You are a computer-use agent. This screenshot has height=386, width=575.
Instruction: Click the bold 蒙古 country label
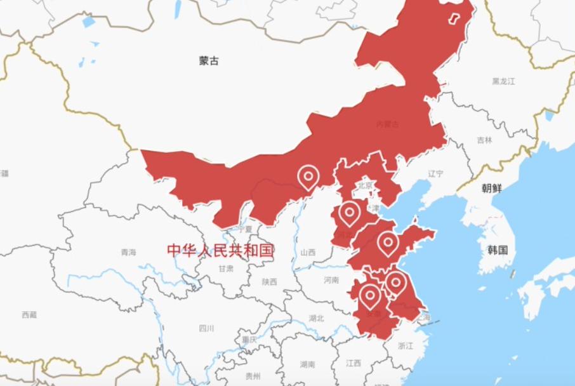(209, 61)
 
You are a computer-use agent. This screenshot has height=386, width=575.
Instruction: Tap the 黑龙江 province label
(503, 81)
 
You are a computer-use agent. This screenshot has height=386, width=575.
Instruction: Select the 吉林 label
(484, 140)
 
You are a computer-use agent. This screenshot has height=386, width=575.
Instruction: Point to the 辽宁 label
(435, 174)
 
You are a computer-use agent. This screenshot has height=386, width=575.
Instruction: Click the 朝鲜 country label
(491, 188)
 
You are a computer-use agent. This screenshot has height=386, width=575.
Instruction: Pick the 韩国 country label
(498, 250)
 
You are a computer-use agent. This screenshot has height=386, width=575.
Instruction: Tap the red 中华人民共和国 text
(220, 250)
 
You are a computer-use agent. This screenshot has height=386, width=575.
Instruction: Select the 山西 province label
(308, 252)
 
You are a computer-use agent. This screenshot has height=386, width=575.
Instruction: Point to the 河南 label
(331, 280)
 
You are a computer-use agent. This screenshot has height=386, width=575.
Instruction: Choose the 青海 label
(128, 252)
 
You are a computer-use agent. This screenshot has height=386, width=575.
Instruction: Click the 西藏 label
(29, 314)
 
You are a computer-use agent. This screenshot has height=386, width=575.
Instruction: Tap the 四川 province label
(206, 328)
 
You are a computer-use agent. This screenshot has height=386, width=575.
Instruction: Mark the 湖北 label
(316, 318)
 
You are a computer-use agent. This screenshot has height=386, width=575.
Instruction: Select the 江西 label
(354, 363)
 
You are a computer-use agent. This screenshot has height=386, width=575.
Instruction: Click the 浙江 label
(405, 346)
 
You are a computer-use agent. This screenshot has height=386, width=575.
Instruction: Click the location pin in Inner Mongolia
(308, 176)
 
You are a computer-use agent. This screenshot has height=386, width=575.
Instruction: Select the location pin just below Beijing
(350, 213)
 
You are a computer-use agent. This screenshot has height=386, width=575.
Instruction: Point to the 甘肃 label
(226, 269)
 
